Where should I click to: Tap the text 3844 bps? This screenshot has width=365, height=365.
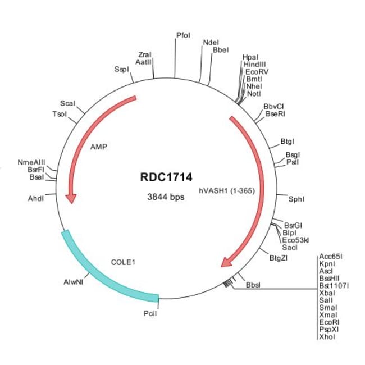(166, 197)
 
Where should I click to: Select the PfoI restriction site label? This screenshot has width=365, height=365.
(183, 35)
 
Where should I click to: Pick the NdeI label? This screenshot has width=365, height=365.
(211, 42)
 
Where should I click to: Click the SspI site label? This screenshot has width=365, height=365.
(121, 69)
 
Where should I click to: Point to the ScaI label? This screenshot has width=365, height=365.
(67, 104)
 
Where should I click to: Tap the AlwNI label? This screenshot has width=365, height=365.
(74, 284)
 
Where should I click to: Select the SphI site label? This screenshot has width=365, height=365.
(296, 198)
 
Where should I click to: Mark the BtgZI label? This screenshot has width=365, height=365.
(279, 258)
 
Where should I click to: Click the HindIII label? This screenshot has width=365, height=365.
(254, 65)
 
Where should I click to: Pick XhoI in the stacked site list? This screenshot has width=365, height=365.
(326, 337)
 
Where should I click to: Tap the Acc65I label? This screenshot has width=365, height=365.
(330, 256)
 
